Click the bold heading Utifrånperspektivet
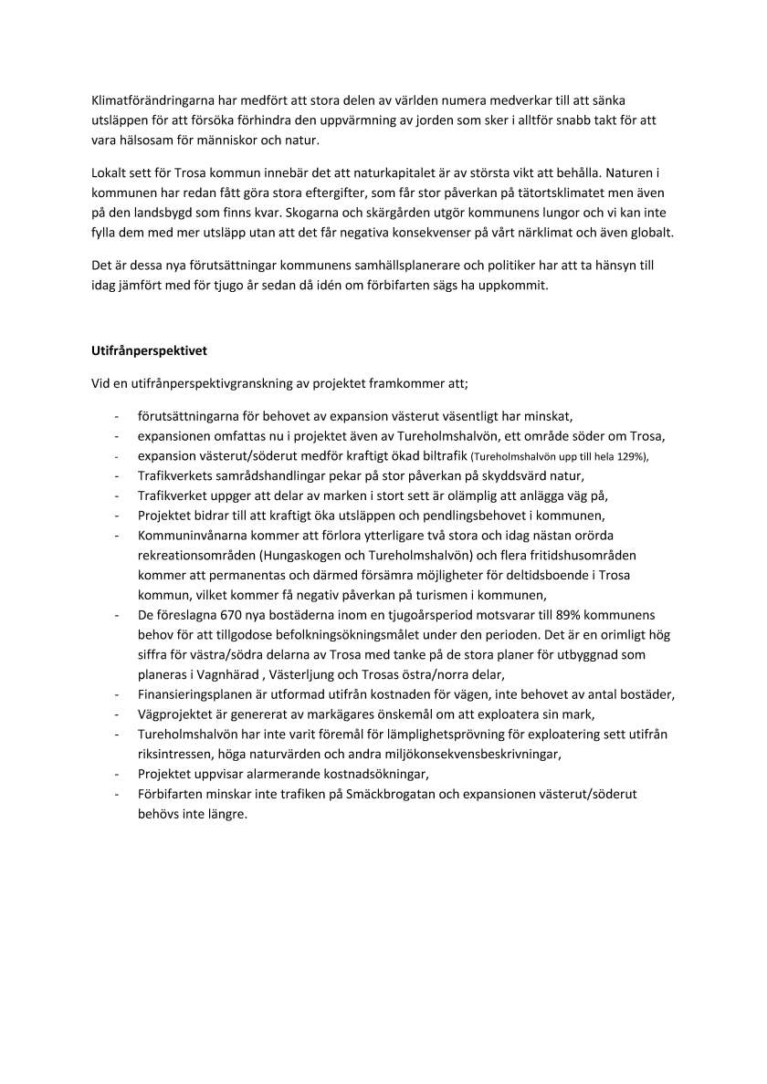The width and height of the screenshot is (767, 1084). point(154,349)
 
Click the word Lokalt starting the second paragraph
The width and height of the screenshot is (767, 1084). point(110,172)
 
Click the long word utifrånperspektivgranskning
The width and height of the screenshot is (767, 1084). point(204,384)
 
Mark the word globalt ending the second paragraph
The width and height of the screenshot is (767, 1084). point(650,232)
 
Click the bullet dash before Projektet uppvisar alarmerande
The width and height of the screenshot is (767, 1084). point(117,774)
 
